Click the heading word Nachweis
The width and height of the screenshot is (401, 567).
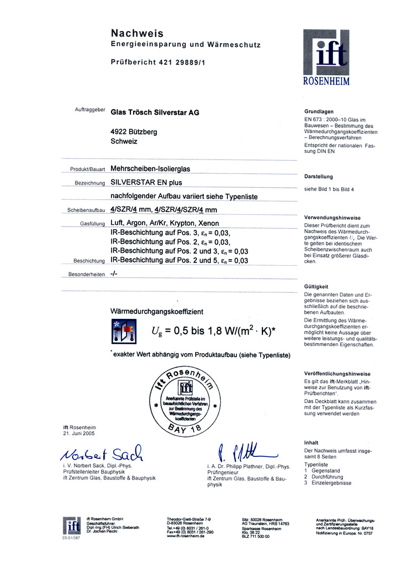pos(137,33)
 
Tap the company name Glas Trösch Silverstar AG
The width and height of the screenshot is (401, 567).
pos(155,112)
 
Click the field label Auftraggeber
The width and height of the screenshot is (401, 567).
pos(90,110)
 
